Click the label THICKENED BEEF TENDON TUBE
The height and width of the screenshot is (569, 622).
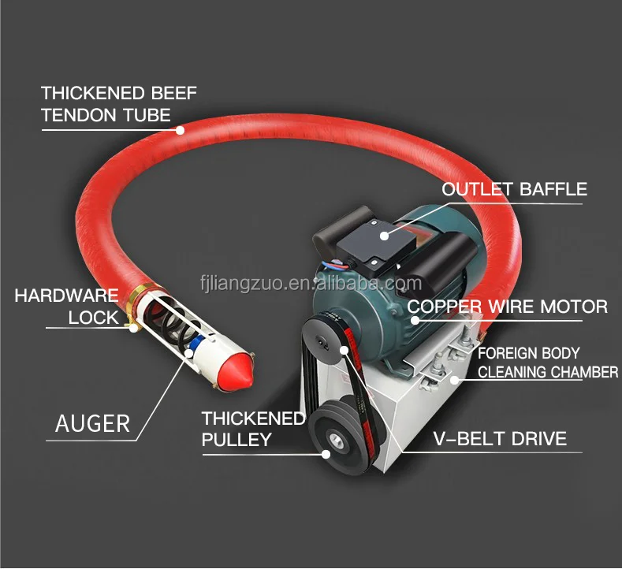[x=118, y=103]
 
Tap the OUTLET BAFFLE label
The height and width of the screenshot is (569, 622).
[x=514, y=189]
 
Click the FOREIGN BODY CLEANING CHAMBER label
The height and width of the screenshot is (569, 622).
[x=547, y=363]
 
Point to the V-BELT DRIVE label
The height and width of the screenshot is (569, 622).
[x=500, y=438]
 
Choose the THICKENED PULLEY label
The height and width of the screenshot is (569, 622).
[x=252, y=429]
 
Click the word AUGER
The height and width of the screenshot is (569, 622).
[x=92, y=423]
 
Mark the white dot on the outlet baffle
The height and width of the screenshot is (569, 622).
[x=383, y=233]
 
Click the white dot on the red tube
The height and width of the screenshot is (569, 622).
[x=181, y=130]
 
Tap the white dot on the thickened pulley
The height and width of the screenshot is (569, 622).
[x=325, y=452]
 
